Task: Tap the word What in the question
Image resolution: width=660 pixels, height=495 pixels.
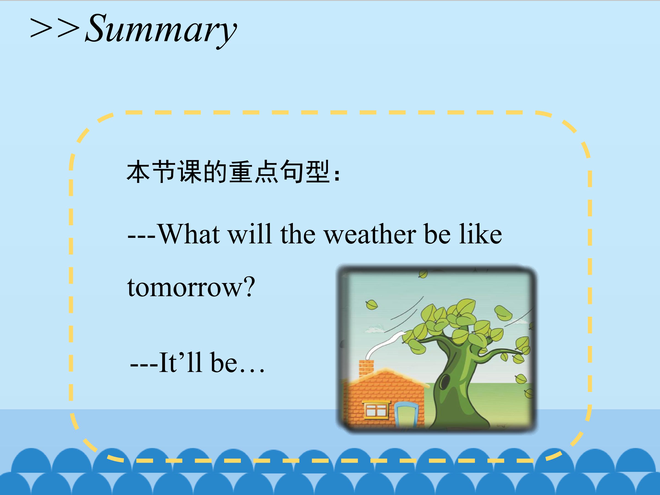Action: (x=189, y=234)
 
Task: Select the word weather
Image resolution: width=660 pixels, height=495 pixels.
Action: (x=370, y=234)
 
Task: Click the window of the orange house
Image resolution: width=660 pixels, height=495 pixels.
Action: (x=377, y=410)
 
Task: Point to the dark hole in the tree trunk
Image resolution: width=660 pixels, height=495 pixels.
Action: (x=445, y=382)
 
